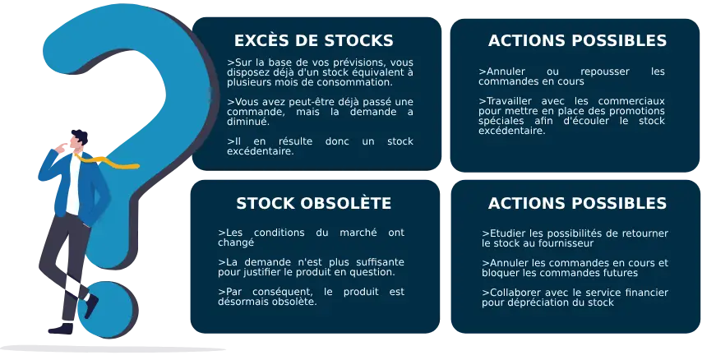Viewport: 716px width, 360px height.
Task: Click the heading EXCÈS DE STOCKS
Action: coord(313,40)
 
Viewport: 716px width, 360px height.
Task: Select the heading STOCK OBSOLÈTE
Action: coord(313,203)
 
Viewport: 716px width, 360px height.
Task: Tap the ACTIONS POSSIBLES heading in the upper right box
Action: coord(577,40)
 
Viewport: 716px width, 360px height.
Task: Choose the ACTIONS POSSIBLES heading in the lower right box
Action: coord(577,203)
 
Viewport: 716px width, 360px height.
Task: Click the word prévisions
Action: coord(346,62)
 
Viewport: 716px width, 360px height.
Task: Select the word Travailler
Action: coord(504,101)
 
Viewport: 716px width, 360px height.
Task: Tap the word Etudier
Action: coord(503,233)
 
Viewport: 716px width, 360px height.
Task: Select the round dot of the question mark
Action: coord(105,311)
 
